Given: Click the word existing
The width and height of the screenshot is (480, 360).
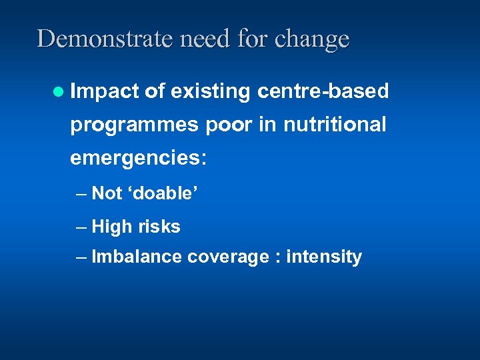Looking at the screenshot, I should click(211, 92).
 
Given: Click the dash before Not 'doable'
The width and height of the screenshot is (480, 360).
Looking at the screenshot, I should click(81, 194).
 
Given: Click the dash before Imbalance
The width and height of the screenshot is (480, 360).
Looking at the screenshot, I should click(81, 257).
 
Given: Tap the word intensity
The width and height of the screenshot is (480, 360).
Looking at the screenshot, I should click(323, 257).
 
